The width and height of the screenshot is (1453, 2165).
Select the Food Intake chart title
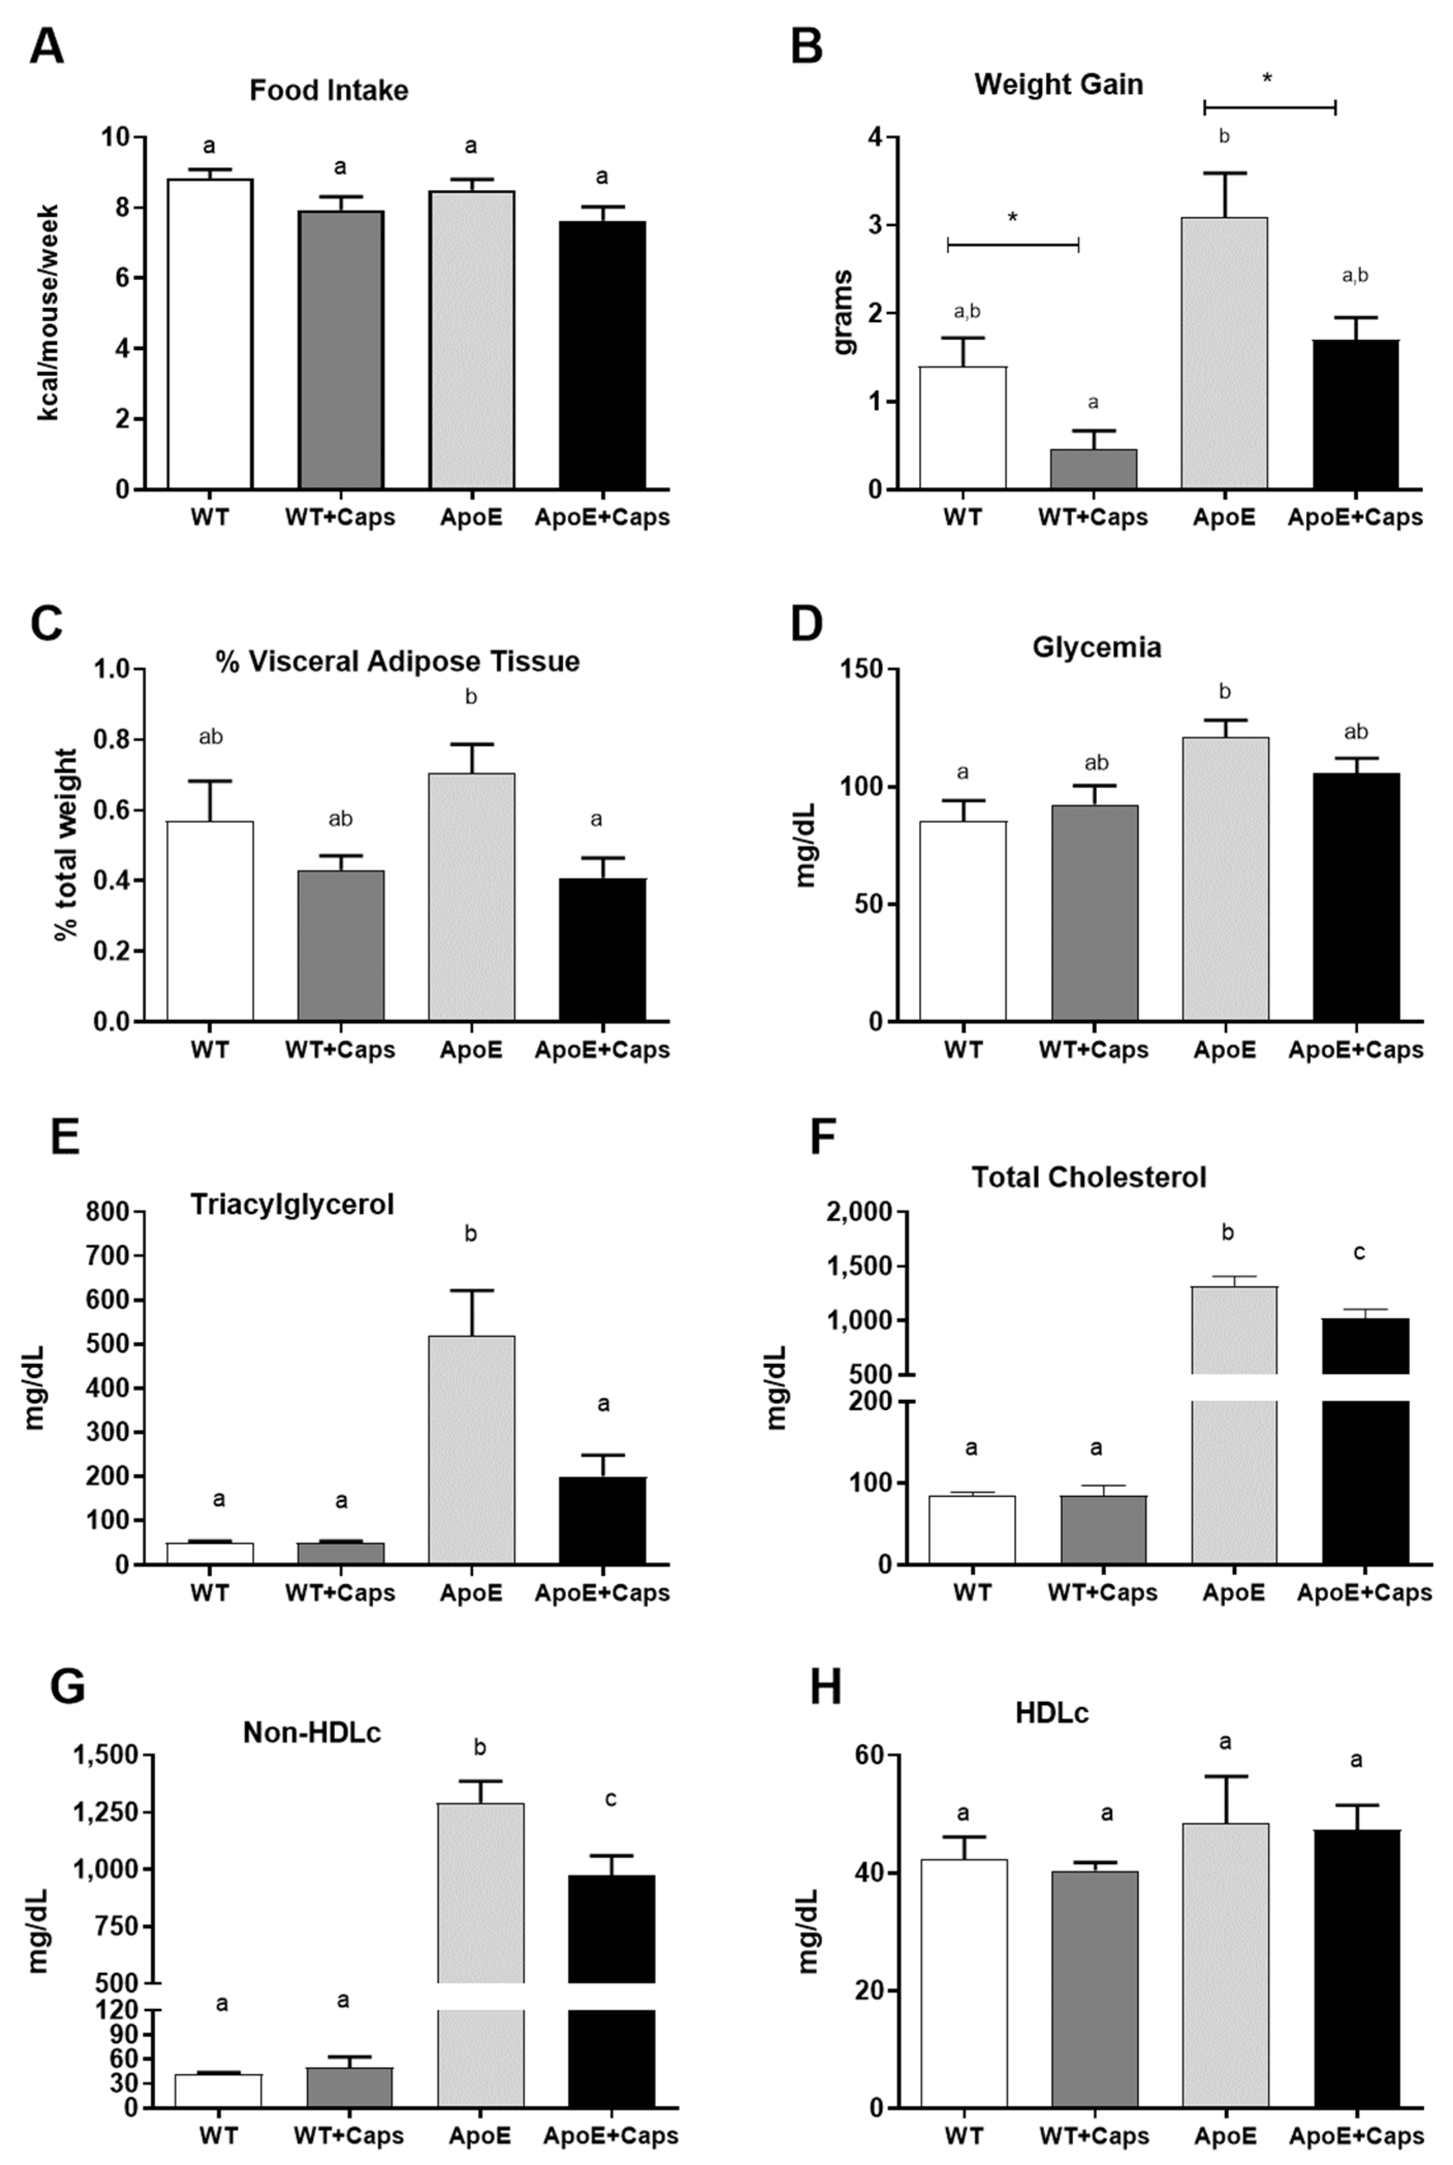pos(329,91)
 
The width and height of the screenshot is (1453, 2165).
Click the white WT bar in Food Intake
pos(210,334)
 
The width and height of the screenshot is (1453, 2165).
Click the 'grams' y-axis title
pos(844,312)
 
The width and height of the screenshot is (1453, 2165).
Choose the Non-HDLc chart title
pos(312,1732)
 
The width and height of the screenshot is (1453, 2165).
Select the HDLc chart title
pos(1052,1714)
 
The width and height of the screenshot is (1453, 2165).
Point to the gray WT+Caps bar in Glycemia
pos(1094,913)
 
